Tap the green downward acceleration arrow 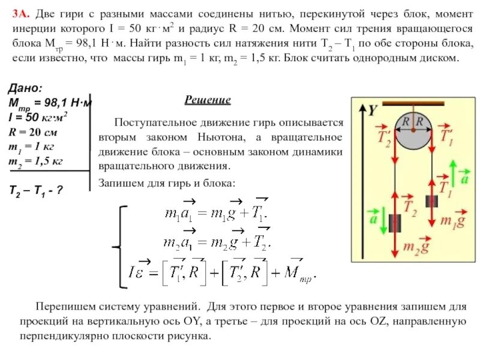click(374, 219)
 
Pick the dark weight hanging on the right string click(432, 200)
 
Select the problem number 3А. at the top click(22, 13)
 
